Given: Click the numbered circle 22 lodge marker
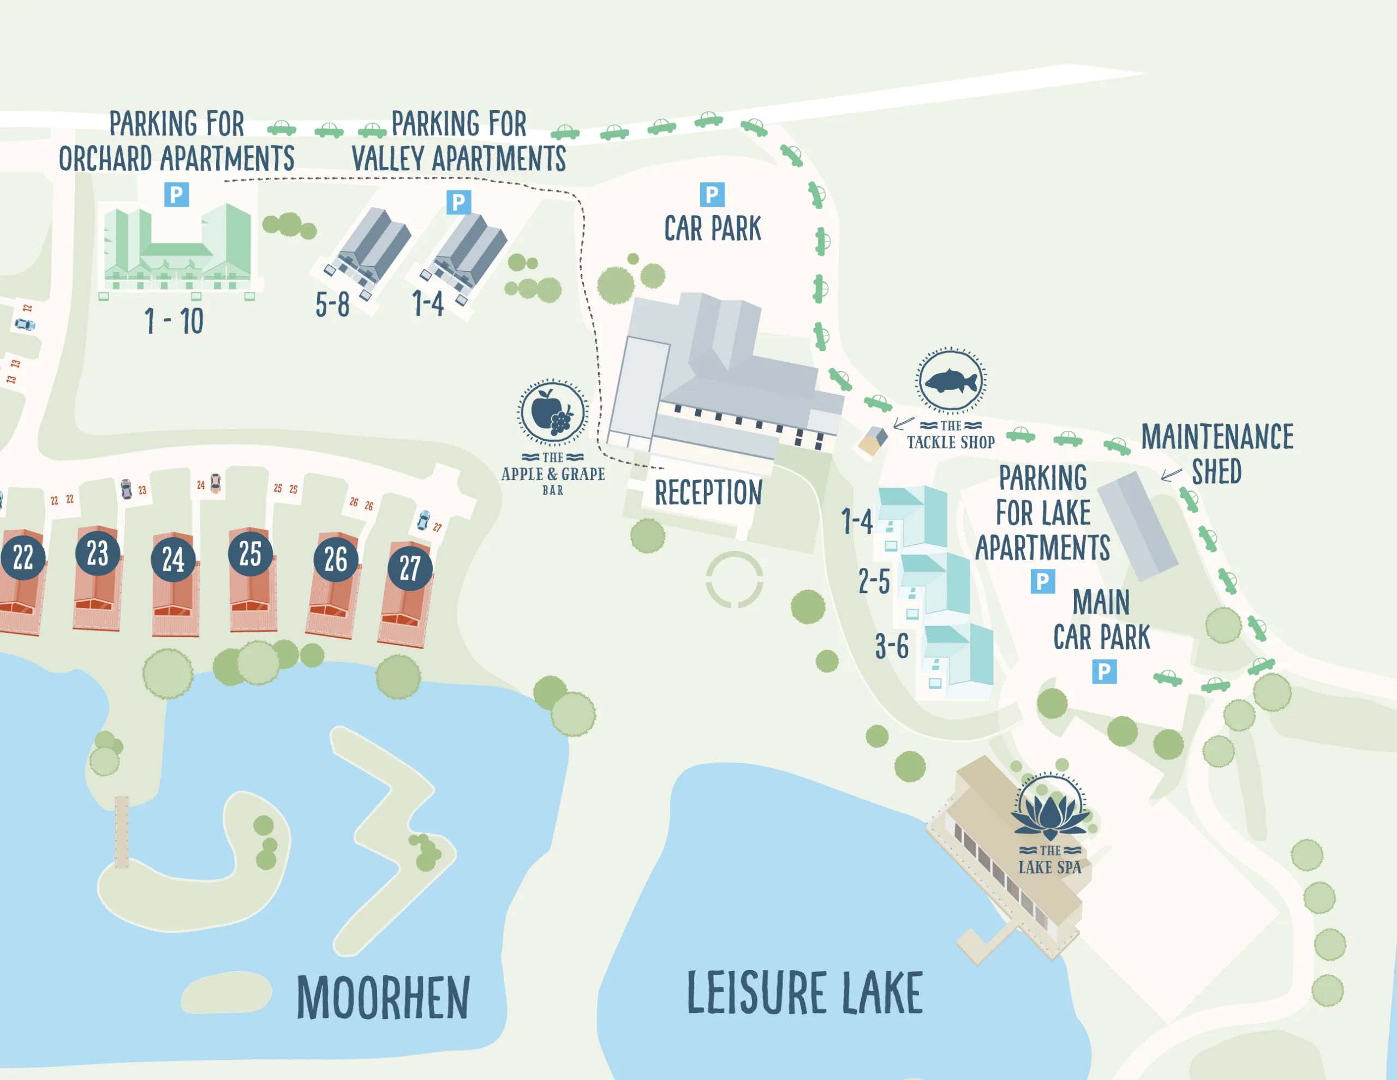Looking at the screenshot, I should (x=23, y=557).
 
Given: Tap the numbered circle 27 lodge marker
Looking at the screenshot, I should (x=410, y=568).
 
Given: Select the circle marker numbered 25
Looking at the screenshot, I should (x=250, y=553).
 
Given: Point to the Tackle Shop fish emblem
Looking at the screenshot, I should (x=951, y=382).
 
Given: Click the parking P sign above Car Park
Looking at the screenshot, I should (x=712, y=194).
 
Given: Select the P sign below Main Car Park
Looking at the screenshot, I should (x=1104, y=672).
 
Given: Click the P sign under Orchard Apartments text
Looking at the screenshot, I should (x=177, y=194).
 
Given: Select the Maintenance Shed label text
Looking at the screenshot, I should (x=1216, y=454).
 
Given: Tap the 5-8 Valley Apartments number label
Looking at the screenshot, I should (x=333, y=305).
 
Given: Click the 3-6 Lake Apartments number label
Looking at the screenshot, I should (x=892, y=647).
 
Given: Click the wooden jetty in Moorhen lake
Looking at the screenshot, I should (x=122, y=832).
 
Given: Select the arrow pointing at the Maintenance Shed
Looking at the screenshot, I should (x=1171, y=475).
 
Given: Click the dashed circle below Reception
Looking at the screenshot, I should (x=735, y=580).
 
